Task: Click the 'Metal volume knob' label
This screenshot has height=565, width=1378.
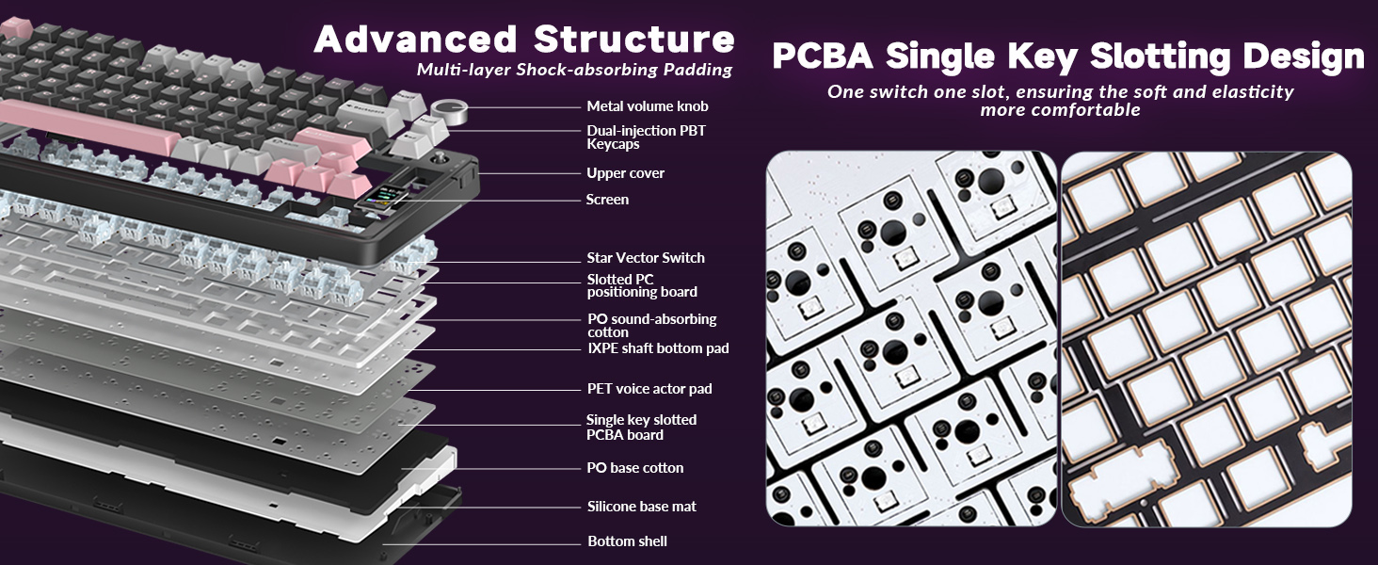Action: [x=647, y=106]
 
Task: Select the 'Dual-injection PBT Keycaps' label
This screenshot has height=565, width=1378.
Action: [x=645, y=137]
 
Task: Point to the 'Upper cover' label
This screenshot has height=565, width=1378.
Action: [x=625, y=173]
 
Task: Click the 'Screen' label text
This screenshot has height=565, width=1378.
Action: [x=607, y=200]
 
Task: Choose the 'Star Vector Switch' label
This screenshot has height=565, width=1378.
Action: [x=645, y=258]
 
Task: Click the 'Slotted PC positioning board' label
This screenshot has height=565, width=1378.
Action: [x=642, y=285]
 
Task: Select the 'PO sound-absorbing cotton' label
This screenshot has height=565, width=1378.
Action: [x=651, y=325]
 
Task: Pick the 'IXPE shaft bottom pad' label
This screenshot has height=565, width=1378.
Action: [x=657, y=348]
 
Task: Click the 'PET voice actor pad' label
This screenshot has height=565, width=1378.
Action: [x=649, y=389]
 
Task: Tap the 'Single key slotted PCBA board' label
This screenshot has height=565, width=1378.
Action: [x=641, y=427]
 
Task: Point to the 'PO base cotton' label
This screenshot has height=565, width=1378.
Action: [x=635, y=468]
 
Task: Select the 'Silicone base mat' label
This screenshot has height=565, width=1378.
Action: [x=641, y=507]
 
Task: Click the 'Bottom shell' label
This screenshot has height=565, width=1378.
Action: [x=627, y=541]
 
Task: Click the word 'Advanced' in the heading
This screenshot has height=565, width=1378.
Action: [x=415, y=40]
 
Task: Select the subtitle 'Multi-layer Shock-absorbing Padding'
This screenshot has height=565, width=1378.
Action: [x=574, y=70]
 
